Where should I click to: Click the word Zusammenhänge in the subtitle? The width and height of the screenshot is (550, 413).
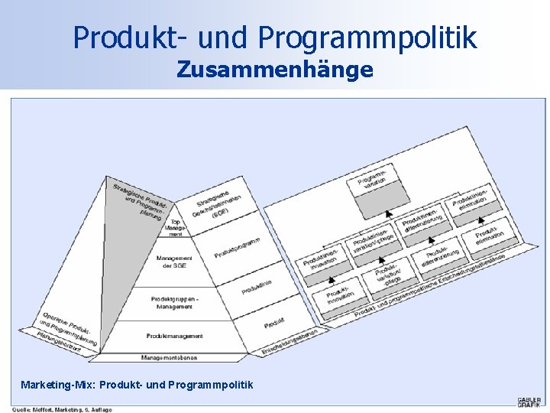pos(275,70)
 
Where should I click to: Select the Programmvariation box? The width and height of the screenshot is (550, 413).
pos(377,184)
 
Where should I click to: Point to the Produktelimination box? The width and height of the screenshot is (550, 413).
pos(489,231)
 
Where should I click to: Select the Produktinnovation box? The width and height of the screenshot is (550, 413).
pos(341,294)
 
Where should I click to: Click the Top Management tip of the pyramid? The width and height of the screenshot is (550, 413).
pos(175,226)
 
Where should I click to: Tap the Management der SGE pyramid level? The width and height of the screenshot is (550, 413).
pos(175,262)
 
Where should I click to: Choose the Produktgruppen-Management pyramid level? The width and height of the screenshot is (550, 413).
pos(175,303)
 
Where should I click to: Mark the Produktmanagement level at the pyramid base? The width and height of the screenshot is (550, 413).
pos(175,336)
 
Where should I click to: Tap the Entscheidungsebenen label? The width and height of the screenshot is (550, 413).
pos(290,340)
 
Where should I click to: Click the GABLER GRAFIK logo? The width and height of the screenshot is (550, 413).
pos(529,402)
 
